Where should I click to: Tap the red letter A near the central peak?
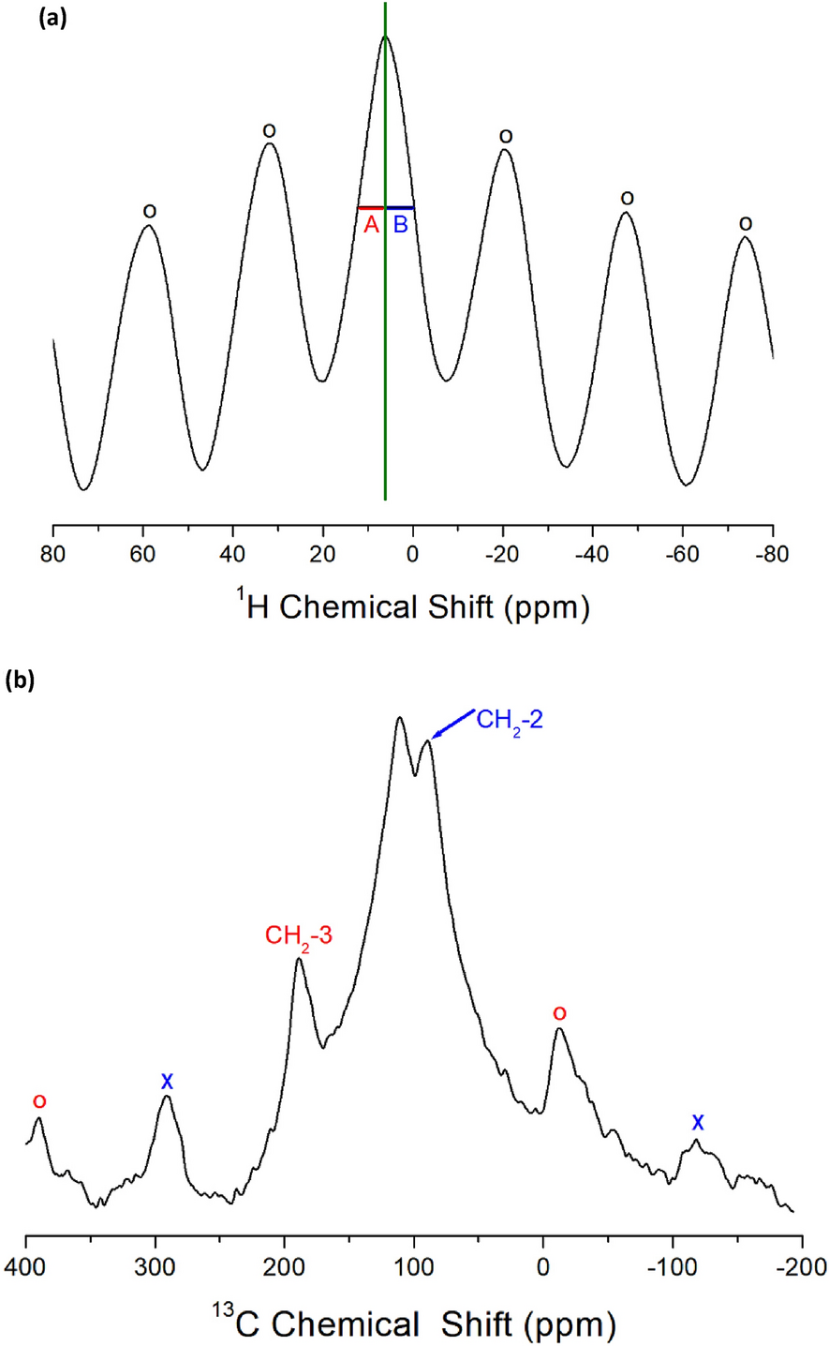(371, 225)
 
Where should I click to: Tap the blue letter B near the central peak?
(400, 225)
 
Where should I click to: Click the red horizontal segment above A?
(370, 207)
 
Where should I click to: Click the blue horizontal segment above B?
(400, 207)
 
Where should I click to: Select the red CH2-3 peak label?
(299, 935)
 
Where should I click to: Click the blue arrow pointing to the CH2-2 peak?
(453, 725)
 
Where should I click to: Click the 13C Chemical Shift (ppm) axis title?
(413, 1324)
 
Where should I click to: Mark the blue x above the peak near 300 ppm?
(167, 1082)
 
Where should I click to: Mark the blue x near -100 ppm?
(697, 1122)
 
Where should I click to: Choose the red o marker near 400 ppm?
(38, 1099)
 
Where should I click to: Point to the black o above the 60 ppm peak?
(149, 211)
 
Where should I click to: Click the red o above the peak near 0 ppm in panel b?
(559, 1013)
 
